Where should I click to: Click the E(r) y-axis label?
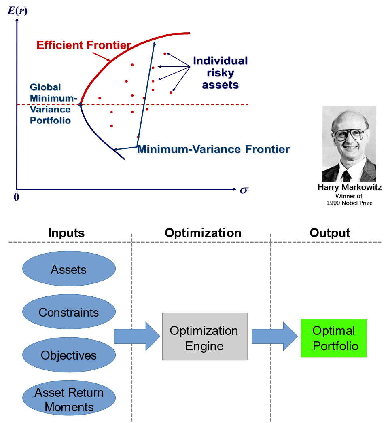pos(17,11)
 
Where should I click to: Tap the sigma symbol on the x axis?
pos(244,190)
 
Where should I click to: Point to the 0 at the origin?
pos(17,197)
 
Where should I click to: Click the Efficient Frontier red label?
pos(84,45)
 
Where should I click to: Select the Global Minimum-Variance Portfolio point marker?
pos(81,104)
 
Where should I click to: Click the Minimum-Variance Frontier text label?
pos(214,149)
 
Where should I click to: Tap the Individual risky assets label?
pos(221,72)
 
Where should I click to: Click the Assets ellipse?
pos(69,269)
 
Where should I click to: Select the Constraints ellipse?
pos(69,311)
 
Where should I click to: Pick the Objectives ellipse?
pos(69,355)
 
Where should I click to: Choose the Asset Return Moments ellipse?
pos(69,398)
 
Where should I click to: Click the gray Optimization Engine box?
pos(205,336)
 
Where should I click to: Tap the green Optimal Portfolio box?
pos(334,338)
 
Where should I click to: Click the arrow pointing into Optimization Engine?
pos(137,336)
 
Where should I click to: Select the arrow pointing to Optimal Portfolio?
pos(275,336)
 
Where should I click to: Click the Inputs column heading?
pos(66,233)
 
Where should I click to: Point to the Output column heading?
pos(330,233)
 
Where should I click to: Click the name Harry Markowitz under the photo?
pos(350,187)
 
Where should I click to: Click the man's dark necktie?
pos(346,176)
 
